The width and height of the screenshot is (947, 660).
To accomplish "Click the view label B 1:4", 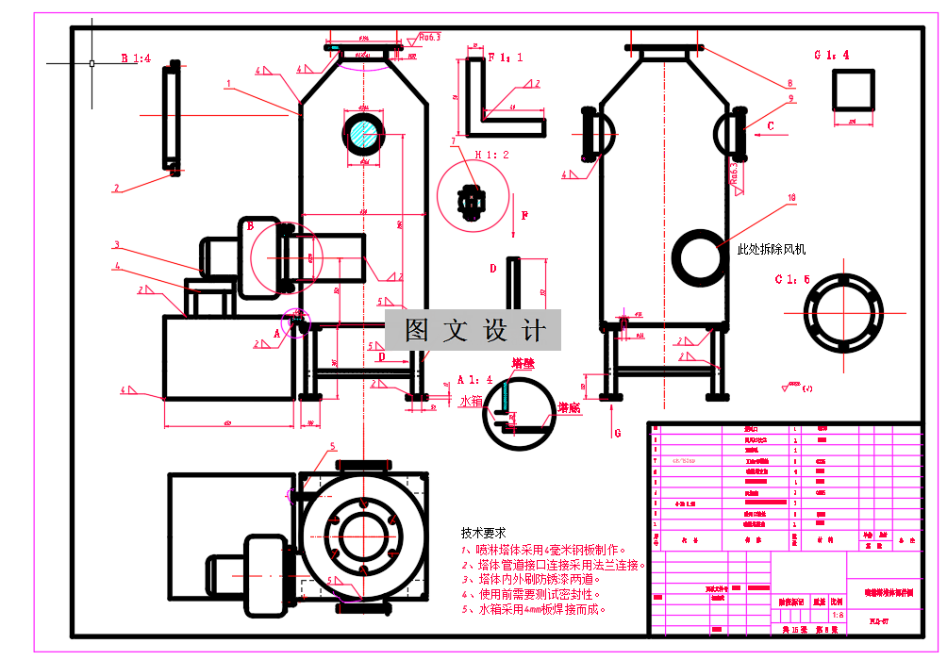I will (x=136, y=58).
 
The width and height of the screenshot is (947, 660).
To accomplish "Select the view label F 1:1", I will (x=505, y=57).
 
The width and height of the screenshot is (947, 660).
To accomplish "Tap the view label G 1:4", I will (x=832, y=55).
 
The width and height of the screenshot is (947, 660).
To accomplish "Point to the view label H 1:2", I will (x=491, y=154).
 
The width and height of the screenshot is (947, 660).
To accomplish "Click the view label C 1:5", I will (x=792, y=279).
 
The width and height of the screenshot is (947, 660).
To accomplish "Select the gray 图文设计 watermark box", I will (x=473, y=330).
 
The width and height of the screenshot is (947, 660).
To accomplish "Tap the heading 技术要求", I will (x=482, y=531).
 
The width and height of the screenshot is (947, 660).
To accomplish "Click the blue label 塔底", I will (x=568, y=407).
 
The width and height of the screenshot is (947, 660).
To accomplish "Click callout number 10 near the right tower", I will (x=791, y=197).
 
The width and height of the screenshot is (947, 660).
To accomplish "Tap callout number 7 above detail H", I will (x=453, y=141).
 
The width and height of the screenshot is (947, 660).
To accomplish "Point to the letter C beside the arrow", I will (x=771, y=124).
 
